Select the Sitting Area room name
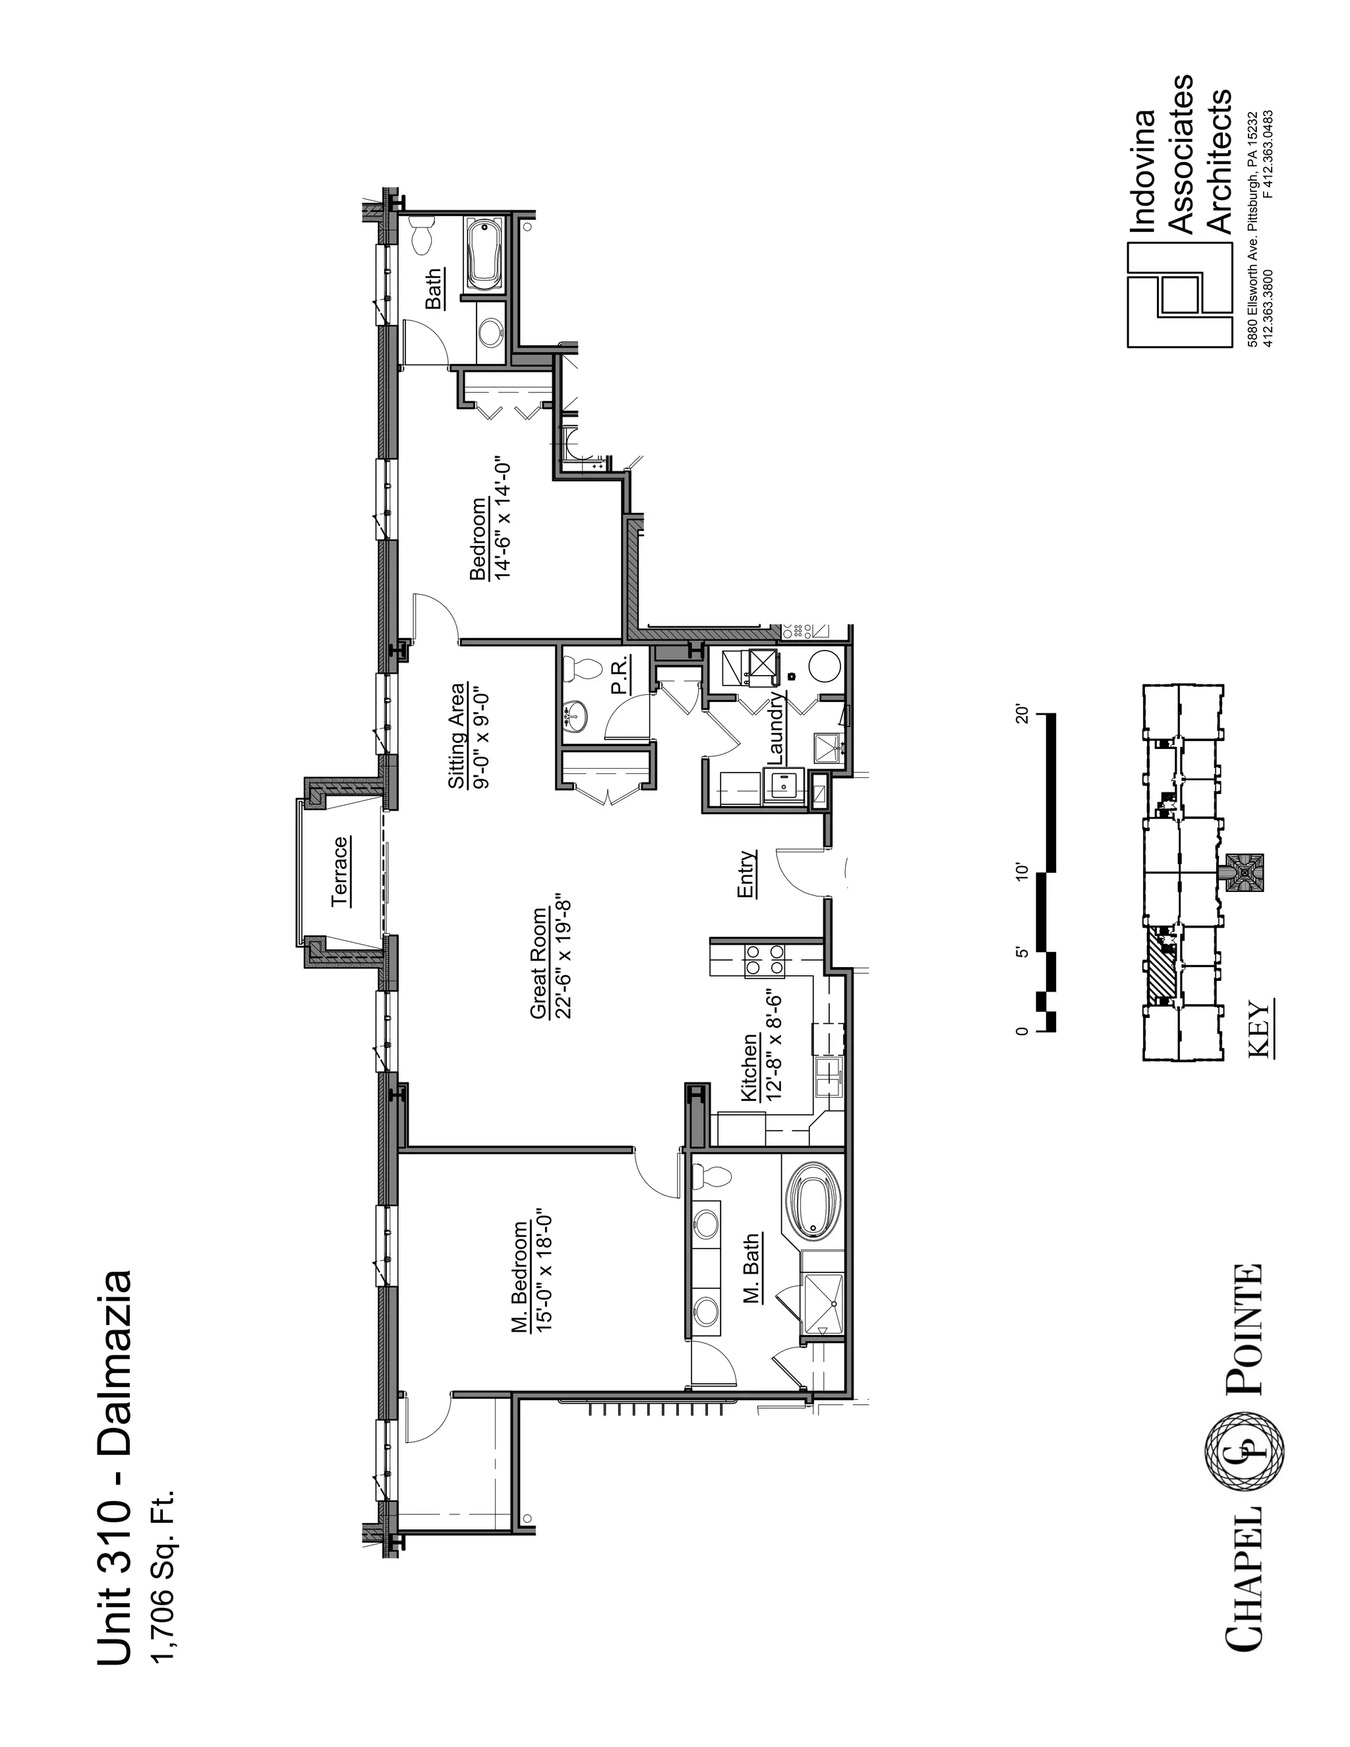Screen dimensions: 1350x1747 [457, 735]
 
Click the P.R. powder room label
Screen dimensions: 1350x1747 [619, 678]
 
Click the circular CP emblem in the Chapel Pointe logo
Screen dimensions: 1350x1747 [1245, 1452]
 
